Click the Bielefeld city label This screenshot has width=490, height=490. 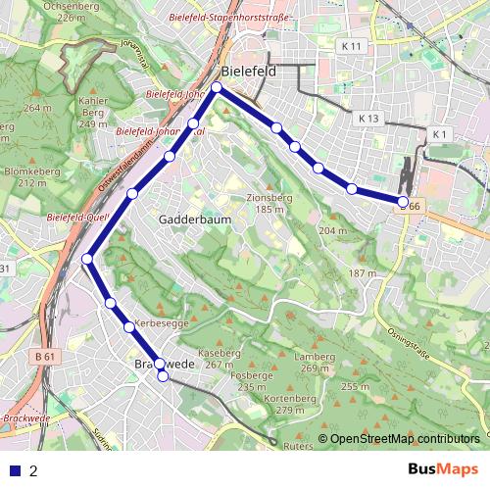[249, 73]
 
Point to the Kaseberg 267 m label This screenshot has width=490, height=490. [219, 358]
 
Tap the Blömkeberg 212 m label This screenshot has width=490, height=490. [26, 176]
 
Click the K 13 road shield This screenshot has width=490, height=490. [368, 118]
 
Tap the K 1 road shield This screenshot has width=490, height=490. [438, 134]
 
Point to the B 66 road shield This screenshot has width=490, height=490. [411, 207]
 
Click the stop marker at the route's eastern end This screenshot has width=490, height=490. [403, 202]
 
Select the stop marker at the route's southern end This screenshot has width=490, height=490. [163, 375]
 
